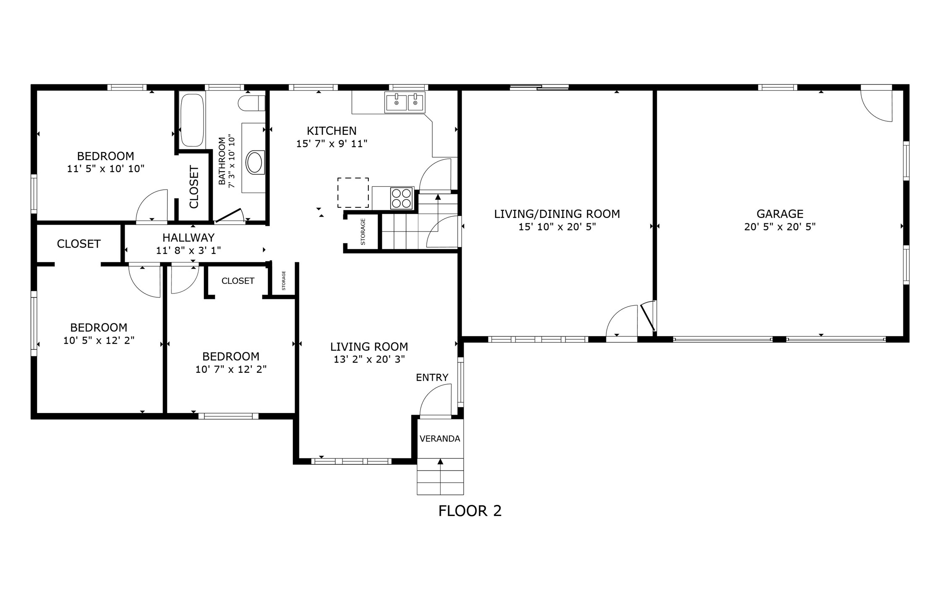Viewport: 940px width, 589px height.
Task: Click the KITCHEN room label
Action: pos(332,131)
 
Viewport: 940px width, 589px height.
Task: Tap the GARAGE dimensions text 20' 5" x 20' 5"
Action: pos(780,227)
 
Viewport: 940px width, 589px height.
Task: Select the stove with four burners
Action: pos(401,198)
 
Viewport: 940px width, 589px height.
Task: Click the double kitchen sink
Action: pos(405,102)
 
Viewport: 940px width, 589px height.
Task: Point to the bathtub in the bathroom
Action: pos(192,120)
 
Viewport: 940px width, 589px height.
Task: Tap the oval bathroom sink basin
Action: pos(254,162)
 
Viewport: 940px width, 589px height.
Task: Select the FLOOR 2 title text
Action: pos(470,511)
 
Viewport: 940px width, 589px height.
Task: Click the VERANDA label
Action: pos(440,439)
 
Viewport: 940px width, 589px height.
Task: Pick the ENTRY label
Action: pos(432,377)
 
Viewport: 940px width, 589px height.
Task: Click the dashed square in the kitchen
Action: pos(353,192)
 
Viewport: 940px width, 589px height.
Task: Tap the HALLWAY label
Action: pos(188,238)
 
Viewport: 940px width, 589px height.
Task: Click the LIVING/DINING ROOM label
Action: pos(557,214)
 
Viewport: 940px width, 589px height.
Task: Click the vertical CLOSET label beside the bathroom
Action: pos(194,187)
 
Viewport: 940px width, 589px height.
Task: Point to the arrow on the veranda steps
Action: pos(440,462)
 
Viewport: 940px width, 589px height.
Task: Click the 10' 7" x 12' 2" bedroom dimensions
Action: pos(231,369)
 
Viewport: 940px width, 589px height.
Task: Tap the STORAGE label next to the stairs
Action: pos(363,232)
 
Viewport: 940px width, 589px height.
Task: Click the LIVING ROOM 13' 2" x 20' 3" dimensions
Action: pos(369,359)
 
